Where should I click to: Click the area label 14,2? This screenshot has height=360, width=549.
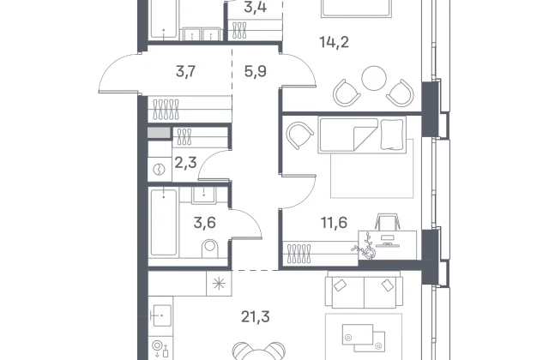pos(334,42)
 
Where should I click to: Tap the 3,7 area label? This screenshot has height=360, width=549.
pos(185,71)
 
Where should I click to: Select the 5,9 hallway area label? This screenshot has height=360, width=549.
pos(256,71)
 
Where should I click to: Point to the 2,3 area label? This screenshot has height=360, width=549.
pos(185,163)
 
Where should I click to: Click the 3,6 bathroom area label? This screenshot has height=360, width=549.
pos(205,223)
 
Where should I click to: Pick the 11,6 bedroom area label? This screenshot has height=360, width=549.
pos(334,222)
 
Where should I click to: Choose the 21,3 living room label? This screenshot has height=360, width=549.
pos(256,317)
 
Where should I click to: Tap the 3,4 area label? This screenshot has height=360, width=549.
pos(256,7)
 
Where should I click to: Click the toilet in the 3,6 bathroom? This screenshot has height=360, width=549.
pos(209,248)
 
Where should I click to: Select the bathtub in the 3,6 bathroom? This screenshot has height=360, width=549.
pos(164,222)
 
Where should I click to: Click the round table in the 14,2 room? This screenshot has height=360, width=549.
pos(374,78)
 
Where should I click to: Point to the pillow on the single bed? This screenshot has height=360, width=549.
pos(392,135)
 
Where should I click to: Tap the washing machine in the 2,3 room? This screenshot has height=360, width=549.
pos(160,170)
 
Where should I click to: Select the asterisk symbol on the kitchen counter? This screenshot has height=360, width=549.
pos(220,284)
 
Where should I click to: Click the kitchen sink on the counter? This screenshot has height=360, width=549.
pos(161,315)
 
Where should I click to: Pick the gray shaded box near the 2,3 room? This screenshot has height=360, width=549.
pos(159,133)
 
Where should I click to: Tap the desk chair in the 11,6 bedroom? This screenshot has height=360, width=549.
pos(387,221)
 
